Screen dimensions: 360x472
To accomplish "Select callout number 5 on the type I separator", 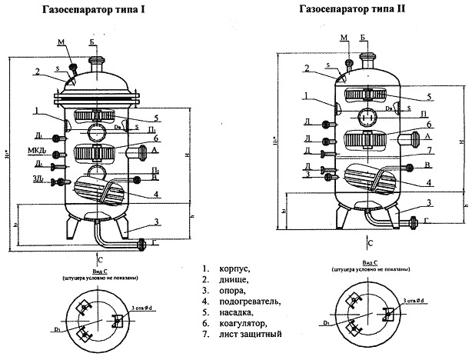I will click(156, 118).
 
